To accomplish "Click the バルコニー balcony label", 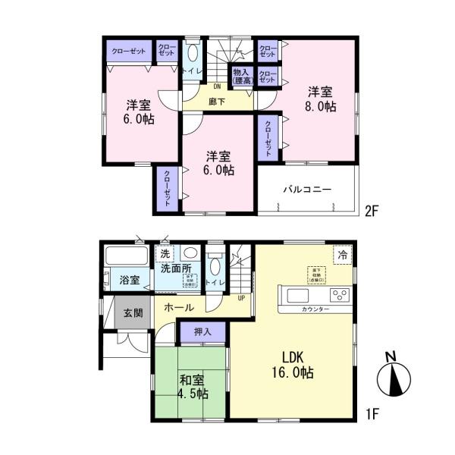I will (x=307, y=189).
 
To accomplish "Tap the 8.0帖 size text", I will (x=322, y=107).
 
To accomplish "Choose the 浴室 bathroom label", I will (x=129, y=280).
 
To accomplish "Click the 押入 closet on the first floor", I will (x=202, y=331).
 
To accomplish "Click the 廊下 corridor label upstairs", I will (x=217, y=101).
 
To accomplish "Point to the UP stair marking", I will (x=241, y=298).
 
